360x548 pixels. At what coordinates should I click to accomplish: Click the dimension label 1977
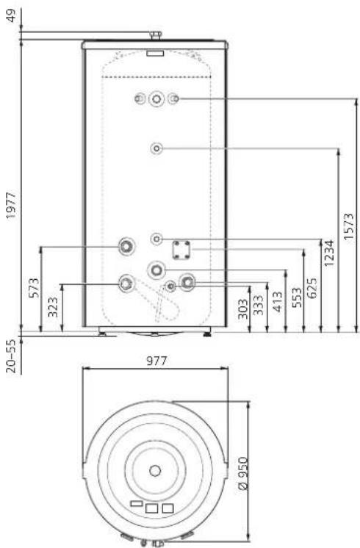[11, 205]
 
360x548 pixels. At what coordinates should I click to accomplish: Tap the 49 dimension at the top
[12, 15]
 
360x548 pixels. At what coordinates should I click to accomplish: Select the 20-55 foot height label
[12, 356]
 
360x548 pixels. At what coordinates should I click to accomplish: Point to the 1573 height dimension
[349, 226]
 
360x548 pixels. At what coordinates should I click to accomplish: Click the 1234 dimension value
[329, 253]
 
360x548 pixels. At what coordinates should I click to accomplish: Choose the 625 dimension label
[312, 288]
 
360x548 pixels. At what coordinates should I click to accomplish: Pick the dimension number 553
[296, 298]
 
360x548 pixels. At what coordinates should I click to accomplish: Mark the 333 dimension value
[259, 305]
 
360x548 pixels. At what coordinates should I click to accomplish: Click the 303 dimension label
[243, 309]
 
